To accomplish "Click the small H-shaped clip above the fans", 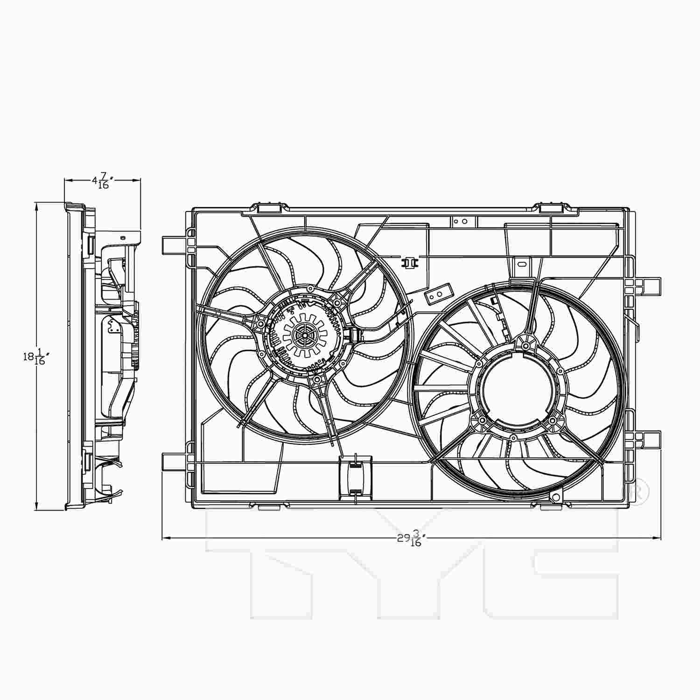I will pos(410,263).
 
